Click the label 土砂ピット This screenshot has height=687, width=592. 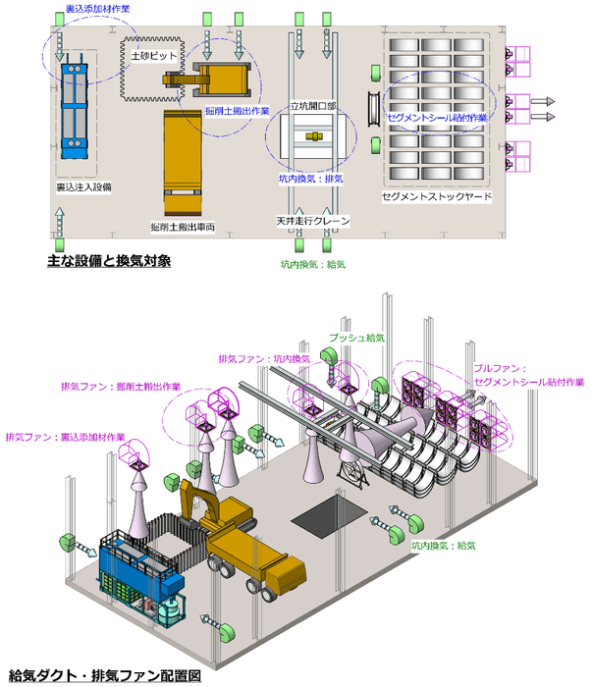[x=154, y=57]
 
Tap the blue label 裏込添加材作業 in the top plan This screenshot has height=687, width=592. [x=97, y=9]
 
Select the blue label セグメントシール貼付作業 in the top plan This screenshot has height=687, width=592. [x=436, y=117]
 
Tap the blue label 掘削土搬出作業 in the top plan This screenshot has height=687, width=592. [x=238, y=112]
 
